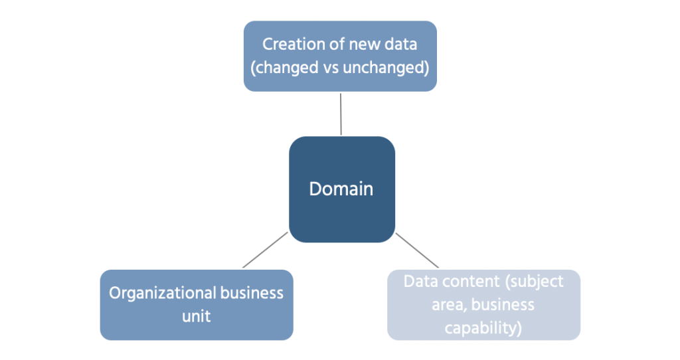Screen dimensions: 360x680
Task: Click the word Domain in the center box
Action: pyautogui.click(x=341, y=189)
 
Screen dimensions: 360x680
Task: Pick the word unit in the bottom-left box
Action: pyautogui.click(x=196, y=315)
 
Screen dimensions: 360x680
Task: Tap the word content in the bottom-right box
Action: pyautogui.click(x=468, y=281)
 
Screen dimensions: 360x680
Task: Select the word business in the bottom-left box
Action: pyautogui.click(x=253, y=293)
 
